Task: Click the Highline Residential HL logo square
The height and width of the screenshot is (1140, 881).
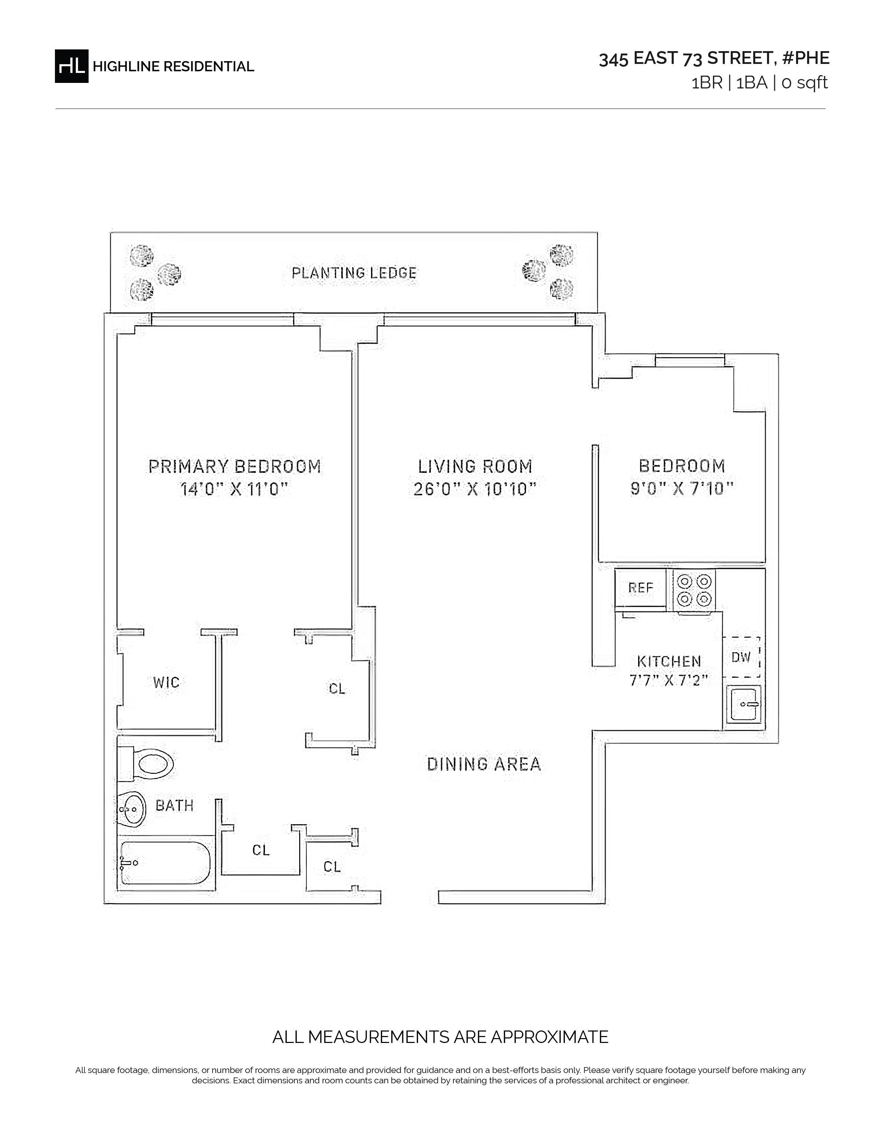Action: pyautogui.click(x=72, y=66)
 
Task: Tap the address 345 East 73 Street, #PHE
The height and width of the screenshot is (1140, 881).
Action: pyautogui.click(x=714, y=58)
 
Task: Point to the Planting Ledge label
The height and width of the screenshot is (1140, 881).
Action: pyautogui.click(x=354, y=273)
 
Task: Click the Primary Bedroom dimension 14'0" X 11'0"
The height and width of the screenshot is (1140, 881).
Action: pyautogui.click(x=234, y=490)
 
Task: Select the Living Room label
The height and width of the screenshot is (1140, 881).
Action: pyautogui.click(x=475, y=466)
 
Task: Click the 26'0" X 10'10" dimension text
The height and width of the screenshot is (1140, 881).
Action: pyautogui.click(x=475, y=490)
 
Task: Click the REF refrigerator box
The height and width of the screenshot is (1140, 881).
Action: pyautogui.click(x=641, y=588)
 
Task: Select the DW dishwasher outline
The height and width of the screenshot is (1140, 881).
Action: pyautogui.click(x=741, y=657)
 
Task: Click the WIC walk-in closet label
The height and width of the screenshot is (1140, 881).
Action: pyautogui.click(x=167, y=683)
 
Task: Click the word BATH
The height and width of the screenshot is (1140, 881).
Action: pyautogui.click(x=175, y=806)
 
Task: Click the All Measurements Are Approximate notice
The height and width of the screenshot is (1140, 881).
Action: pyautogui.click(x=441, y=1037)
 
